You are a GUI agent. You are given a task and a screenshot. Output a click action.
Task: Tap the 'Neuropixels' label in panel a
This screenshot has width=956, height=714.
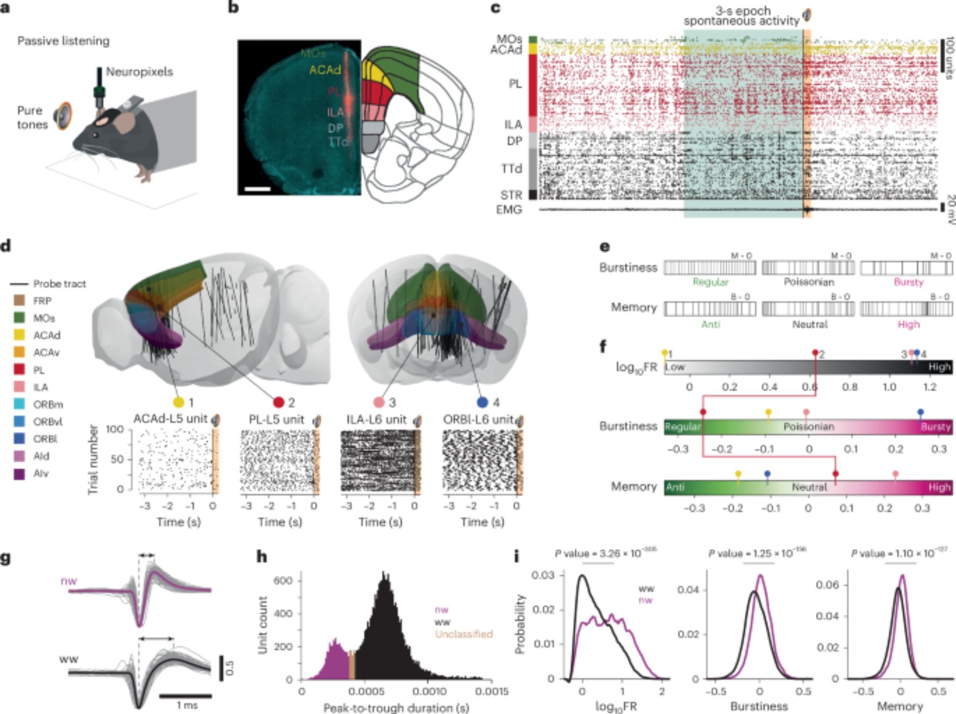pos(139,72)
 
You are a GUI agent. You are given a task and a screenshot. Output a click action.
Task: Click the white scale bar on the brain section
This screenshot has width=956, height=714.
pos(257,189)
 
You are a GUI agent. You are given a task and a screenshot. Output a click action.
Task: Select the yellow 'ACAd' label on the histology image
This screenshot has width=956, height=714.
pos(325,70)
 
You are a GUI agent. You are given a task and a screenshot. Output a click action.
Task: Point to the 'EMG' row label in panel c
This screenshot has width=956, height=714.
pos(509,210)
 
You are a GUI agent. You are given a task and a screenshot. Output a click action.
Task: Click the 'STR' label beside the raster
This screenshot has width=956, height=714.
pos(511,195)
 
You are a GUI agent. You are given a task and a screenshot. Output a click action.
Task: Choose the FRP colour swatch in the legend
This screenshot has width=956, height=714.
pos(19,301)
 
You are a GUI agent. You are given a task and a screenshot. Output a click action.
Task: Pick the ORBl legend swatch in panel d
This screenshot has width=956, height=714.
pos(19,439)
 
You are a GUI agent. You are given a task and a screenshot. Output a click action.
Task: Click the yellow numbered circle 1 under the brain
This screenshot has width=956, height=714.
pos(178,402)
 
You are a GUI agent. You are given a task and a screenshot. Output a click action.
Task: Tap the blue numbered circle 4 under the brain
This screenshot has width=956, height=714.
pos(482,402)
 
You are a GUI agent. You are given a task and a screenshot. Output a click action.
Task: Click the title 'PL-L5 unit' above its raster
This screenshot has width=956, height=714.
pos(276,420)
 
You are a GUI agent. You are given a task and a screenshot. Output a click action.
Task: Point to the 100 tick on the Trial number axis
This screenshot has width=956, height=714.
pos(114,429)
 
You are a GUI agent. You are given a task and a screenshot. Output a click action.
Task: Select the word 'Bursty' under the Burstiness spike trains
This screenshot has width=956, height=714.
pos(909,282)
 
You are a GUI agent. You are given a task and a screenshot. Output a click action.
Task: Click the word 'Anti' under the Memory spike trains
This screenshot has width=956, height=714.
pos(710,325)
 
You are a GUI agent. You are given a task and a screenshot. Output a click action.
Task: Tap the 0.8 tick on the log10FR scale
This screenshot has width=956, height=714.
pos(849,387)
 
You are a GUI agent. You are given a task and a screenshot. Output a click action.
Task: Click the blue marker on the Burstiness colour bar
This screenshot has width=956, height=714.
pos(920,412)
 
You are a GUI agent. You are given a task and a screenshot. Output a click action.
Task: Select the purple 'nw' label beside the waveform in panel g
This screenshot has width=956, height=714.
pos(68,581)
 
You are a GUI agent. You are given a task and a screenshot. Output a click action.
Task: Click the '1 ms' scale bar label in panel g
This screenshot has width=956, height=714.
pos(187,705)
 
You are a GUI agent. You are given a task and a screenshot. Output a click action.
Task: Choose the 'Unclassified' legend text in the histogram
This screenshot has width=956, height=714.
pos(463,634)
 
